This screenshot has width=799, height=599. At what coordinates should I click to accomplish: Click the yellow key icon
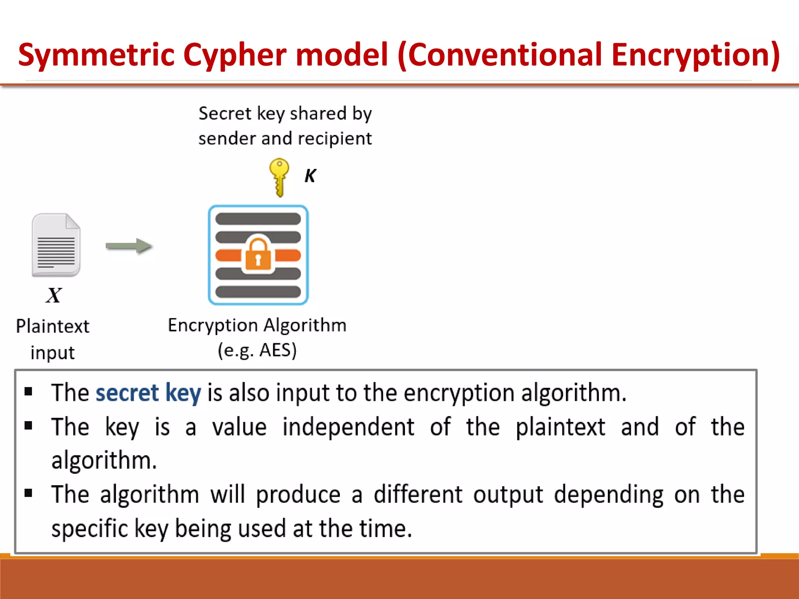coord(279,176)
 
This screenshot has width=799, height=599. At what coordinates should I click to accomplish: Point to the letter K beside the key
coord(311,176)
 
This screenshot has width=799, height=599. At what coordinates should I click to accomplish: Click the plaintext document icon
coord(56,245)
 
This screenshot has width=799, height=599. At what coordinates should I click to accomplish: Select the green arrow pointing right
coord(129,246)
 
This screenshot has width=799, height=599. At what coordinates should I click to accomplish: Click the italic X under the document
coord(53,295)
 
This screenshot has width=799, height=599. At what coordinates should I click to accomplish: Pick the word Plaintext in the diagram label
coord(53,326)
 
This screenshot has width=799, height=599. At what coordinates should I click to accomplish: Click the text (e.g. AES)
coord(257,350)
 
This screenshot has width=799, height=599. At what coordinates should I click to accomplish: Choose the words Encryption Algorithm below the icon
coord(257,325)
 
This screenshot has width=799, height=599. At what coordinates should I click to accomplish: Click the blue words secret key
coord(148,393)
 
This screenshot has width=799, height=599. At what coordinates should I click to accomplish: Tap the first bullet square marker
coord(28,391)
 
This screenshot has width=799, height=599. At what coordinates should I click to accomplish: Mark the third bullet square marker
coord(28,493)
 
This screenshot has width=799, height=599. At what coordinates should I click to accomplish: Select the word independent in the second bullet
coord(348,427)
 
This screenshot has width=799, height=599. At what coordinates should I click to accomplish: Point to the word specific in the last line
coord(90,529)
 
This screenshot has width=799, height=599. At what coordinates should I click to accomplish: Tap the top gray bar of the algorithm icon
coord(258,219)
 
